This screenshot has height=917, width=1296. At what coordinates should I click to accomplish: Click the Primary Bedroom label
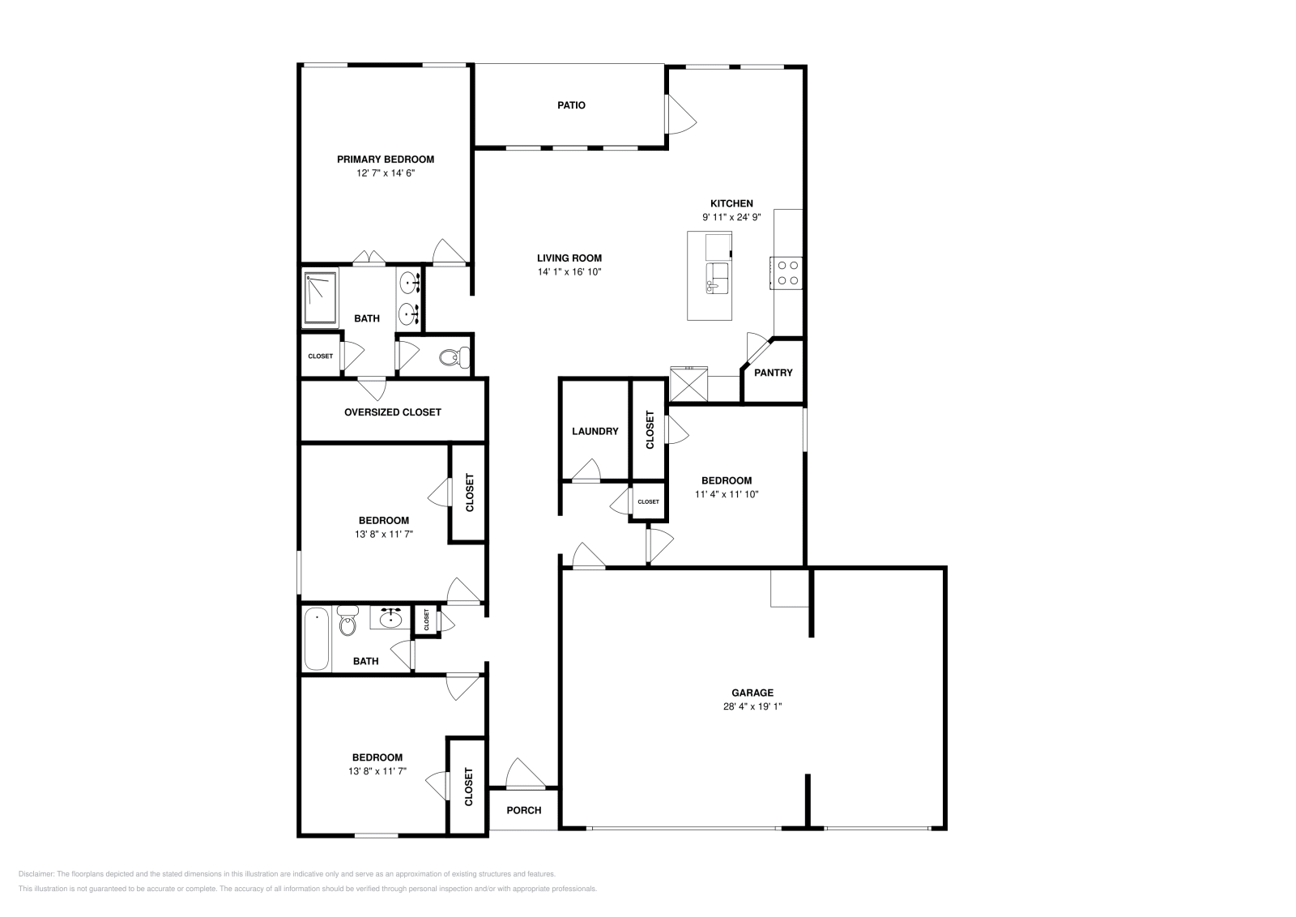tap(386, 160)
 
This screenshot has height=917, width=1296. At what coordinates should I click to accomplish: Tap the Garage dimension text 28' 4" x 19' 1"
tap(752, 706)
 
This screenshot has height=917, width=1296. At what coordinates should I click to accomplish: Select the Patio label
tap(571, 105)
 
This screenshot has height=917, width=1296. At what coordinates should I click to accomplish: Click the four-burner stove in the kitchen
tap(785, 272)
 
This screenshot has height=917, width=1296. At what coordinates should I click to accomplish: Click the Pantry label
tap(773, 373)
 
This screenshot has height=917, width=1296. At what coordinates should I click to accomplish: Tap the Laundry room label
tap(595, 432)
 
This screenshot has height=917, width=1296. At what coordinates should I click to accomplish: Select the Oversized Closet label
tap(392, 412)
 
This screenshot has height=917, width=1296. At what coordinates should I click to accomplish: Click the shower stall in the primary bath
tap(321, 298)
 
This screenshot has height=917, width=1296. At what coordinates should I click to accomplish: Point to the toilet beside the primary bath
tap(453, 356)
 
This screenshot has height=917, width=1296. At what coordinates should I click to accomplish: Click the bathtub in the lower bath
tap(316, 639)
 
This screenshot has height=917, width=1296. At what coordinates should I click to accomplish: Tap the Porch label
tap(523, 810)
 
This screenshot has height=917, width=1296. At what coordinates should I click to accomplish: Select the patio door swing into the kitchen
tap(681, 114)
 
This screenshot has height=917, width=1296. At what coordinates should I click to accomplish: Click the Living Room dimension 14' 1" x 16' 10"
tap(569, 271)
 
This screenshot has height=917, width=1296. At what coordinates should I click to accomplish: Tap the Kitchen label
tap(731, 203)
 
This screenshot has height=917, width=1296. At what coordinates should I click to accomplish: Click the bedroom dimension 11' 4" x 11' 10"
tap(726, 494)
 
